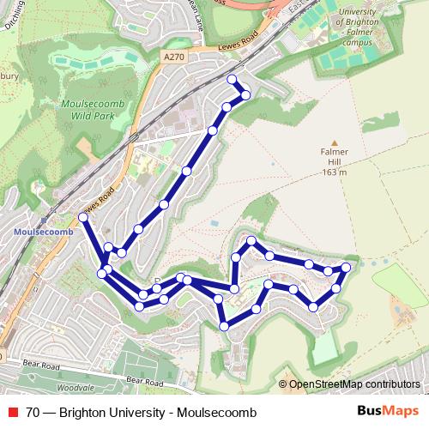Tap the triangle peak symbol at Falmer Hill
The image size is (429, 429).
tap(335, 143)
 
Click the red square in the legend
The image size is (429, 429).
tap(12, 410)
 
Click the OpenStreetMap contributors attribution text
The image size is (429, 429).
tap(353, 384)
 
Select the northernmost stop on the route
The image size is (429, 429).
tap(231, 79)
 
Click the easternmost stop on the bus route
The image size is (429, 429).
tap(347, 268)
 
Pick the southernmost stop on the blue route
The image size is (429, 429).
tap(224, 326)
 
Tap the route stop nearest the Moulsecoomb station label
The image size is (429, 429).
tap(83, 216)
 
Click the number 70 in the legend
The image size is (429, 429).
tap(33, 410)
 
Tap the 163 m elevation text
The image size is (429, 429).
tap(335, 172)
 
